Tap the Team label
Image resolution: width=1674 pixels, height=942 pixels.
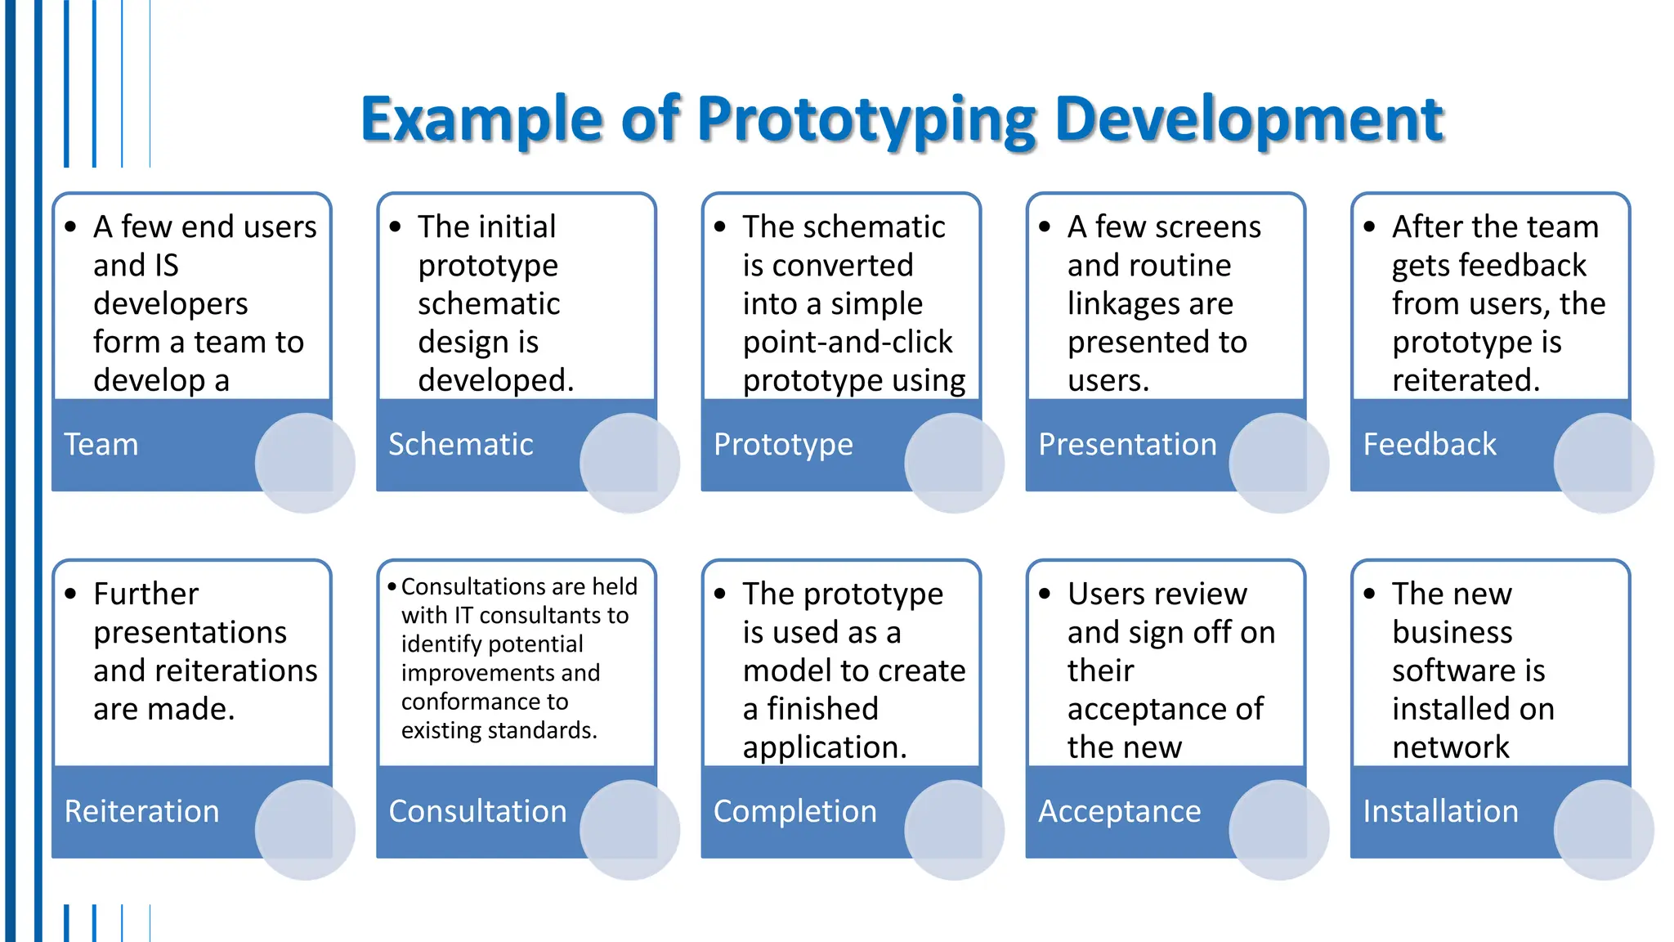[101, 444]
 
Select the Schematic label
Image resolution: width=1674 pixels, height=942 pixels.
[460, 444]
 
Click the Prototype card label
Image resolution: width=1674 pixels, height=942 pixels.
[782, 444]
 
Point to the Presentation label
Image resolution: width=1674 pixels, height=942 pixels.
[1127, 444]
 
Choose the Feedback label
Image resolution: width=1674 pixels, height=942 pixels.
[1430, 444]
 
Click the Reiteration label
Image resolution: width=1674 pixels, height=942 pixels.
[141, 811]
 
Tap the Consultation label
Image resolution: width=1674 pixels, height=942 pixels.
[477, 811]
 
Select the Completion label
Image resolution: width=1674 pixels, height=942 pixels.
[794, 811]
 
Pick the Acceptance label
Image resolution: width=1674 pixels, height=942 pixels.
[1119, 811]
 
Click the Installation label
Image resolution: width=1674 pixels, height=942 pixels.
[1440, 811]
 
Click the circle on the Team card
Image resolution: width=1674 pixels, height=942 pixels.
[305, 463]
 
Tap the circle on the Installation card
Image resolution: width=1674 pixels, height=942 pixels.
[1603, 829]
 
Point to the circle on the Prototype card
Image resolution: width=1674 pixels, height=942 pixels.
[954, 463]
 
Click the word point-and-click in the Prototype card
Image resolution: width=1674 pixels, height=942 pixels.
[847, 342]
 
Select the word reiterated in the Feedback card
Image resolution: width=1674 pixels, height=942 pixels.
[1466, 380]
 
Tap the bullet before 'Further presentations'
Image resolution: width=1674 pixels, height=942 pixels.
[71, 594]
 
